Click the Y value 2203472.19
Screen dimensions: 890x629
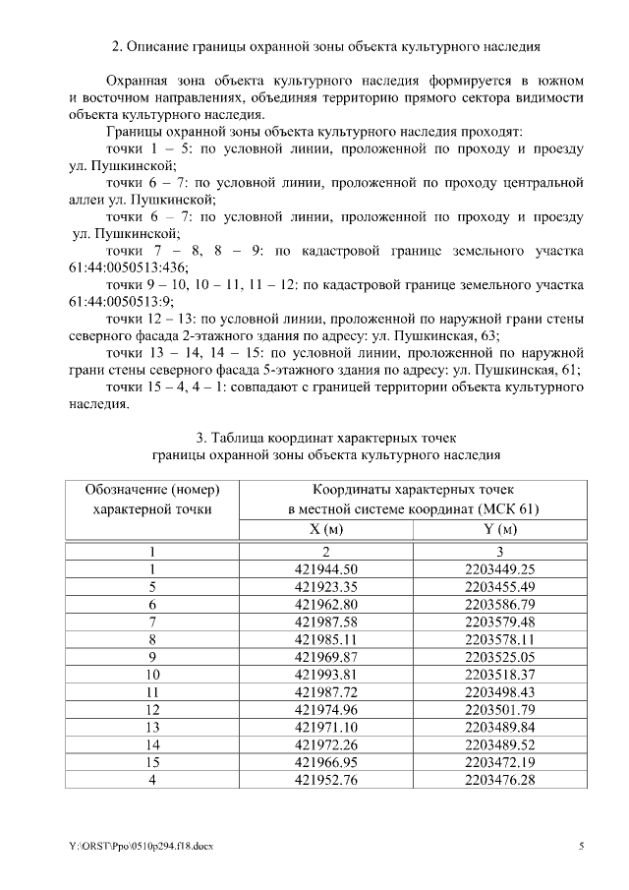[x=500, y=762]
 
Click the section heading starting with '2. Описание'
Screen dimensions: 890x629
[x=325, y=46]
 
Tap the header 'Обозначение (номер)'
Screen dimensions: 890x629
[x=151, y=489]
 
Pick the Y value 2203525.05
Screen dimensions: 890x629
[x=500, y=657]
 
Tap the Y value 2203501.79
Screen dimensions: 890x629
[x=500, y=710]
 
